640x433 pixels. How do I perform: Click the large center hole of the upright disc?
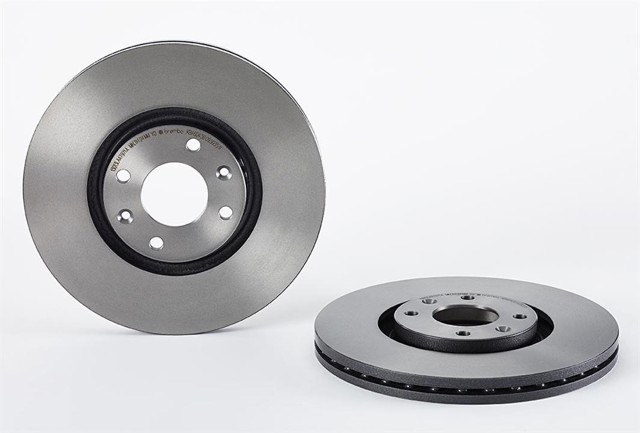[174, 196]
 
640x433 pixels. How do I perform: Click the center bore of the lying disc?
[465, 315]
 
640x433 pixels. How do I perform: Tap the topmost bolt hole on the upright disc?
[192, 146]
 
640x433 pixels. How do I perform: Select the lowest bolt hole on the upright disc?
[156, 243]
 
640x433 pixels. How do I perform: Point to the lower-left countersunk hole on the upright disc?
[124, 217]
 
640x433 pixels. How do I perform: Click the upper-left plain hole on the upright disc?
[123, 176]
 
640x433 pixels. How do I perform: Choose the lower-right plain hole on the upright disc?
[225, 212]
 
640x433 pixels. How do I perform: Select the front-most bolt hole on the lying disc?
[462, 333]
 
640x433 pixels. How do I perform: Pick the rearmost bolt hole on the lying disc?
[468, 298]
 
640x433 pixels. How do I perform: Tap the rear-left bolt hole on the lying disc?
[428, 301]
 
